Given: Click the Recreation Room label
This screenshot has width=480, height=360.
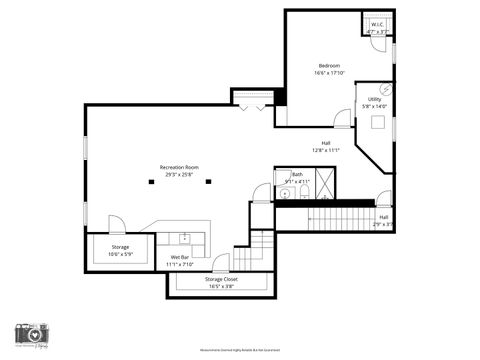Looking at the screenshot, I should (x=179, y=167).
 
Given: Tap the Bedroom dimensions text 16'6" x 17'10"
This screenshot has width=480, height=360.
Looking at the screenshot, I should (x=329, y=73).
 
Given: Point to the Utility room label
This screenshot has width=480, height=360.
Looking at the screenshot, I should (x=374, y=99).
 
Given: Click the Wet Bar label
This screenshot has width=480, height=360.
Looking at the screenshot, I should (x=181, y=257).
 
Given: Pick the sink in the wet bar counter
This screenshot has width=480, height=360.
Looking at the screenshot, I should (x=184, y=239).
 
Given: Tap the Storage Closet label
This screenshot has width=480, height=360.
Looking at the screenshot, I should (x=221, y=279).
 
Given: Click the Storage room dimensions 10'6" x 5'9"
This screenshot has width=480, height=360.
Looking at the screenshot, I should (x=120, y=254).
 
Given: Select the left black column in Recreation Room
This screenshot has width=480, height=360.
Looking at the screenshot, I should (x=151, y=181).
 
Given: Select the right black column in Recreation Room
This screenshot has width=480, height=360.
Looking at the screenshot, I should (x=207, y=181).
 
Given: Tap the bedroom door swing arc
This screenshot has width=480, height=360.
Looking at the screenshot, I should (x=344, y=119).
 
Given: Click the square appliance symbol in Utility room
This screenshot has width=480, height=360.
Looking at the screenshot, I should (x=379, y=122).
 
